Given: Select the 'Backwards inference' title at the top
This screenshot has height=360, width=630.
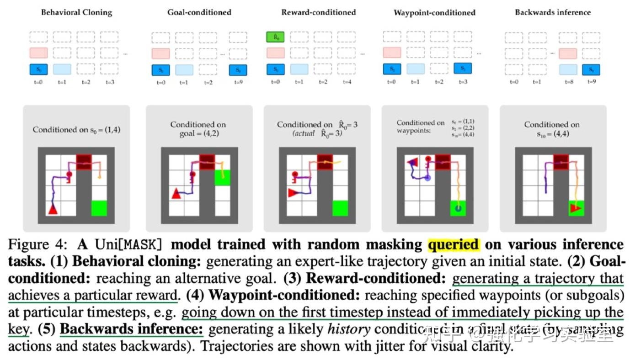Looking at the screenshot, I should tap(553, 12).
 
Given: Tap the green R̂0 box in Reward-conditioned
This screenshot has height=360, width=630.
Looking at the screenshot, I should tap(276, 37).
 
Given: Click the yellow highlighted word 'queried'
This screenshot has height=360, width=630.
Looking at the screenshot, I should tap(454, 245).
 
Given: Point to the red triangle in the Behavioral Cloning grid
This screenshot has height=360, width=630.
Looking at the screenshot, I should tap(53, 209).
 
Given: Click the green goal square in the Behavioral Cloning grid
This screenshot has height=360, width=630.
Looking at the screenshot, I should tap(99, 208).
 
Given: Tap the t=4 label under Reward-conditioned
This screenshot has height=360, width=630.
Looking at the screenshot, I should tap(347, 82).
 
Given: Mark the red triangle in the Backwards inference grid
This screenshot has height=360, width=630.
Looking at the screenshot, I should tap(576, 209).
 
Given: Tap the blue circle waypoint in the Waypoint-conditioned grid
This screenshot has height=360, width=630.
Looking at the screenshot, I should tap(427, 178).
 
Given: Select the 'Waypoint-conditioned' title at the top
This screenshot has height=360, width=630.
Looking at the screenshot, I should tap(434, 13).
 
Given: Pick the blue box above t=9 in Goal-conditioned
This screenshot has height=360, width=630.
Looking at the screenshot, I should tap(238, 69).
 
